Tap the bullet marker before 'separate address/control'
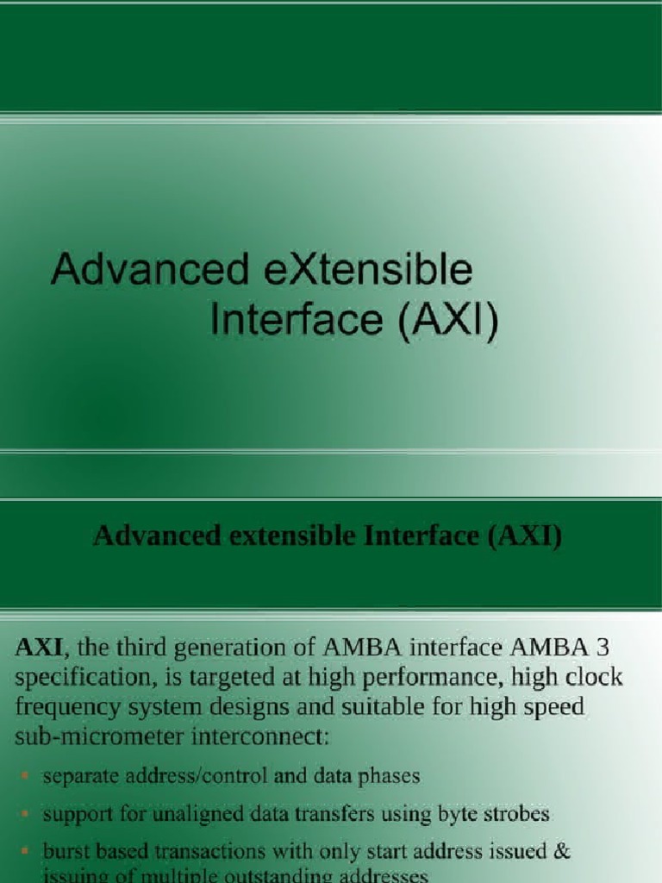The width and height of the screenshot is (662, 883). pyautogui.click(x=26, y=777)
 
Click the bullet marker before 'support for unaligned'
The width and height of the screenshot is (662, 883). pyautogui.click(x=26, y=814)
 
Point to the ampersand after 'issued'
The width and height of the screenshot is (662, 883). pyautogui.click(x=561, y=850)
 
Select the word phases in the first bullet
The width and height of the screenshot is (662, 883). pyautogui.click(x=390, y=776)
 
